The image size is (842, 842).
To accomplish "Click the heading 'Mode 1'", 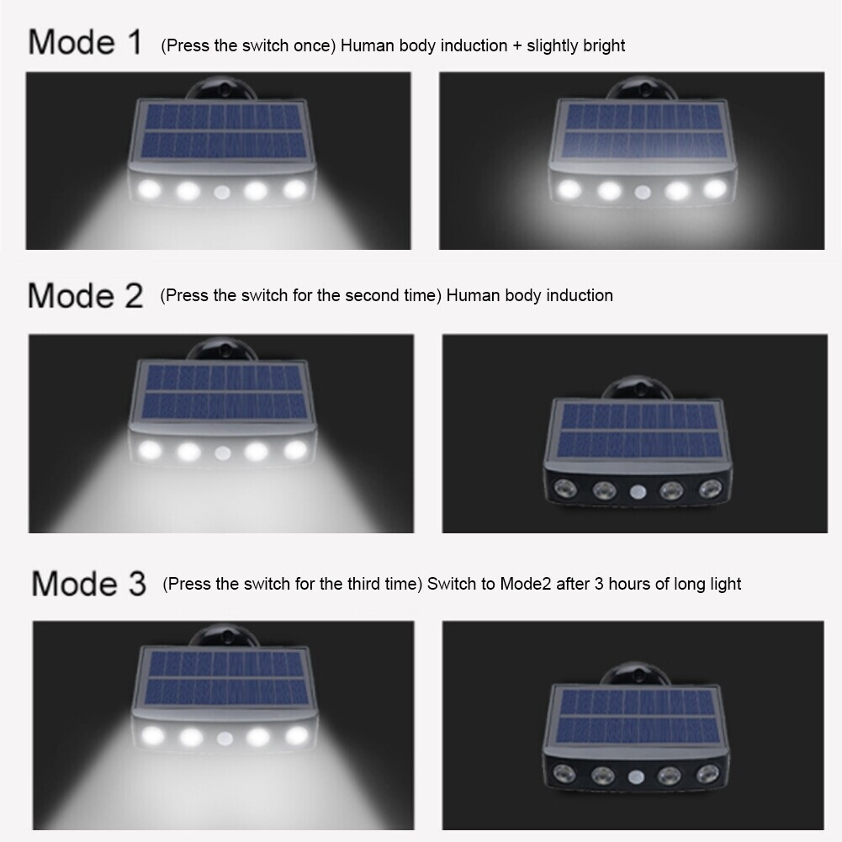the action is tap(85, 42).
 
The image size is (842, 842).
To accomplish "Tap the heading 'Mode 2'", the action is tap(86, 295).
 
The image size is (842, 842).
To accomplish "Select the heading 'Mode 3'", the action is tap(88, 583).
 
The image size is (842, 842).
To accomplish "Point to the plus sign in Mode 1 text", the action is tap(516, 45).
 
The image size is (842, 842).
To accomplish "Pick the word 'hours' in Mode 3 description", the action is tap(629, 584).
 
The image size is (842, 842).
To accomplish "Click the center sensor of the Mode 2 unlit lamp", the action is tap(638, 491).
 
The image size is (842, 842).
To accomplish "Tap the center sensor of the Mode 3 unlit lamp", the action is tap(636, 776).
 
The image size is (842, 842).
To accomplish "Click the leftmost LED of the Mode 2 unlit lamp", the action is tap(565, 489).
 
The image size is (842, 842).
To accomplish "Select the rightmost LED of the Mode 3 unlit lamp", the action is tap(707, 774).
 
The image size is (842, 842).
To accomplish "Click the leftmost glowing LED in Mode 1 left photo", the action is tap(149, 189).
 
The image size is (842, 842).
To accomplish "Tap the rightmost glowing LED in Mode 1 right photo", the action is tap(715, 188).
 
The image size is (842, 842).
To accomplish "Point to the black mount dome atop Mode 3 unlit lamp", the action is tap(635, 674).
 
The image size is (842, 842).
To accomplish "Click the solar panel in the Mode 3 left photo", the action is tap(225, 678).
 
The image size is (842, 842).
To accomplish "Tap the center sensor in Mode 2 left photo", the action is tap(222, 453).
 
